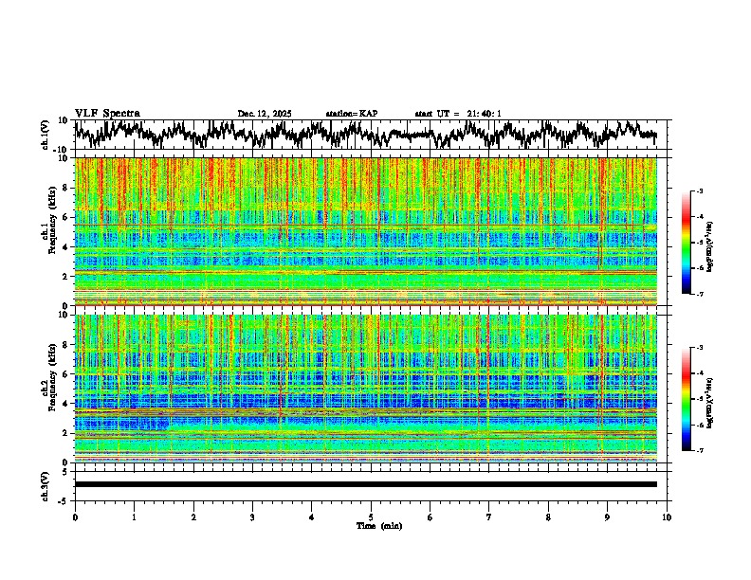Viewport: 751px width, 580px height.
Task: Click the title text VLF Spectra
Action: pos(107,114)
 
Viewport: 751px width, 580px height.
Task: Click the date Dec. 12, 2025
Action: pos(265,114)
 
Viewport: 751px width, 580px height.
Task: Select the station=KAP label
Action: pos(352,114)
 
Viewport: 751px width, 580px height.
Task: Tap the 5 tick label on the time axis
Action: pos(371,517)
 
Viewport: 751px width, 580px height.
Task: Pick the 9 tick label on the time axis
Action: pos(608,517)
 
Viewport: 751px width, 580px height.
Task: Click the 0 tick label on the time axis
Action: pos(75,517)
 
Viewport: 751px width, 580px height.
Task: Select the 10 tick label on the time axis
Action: pos(667,517)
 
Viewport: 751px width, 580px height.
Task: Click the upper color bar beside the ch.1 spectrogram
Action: pos(696,243)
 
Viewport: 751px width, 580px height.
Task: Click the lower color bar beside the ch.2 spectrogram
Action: pos(696,399)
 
